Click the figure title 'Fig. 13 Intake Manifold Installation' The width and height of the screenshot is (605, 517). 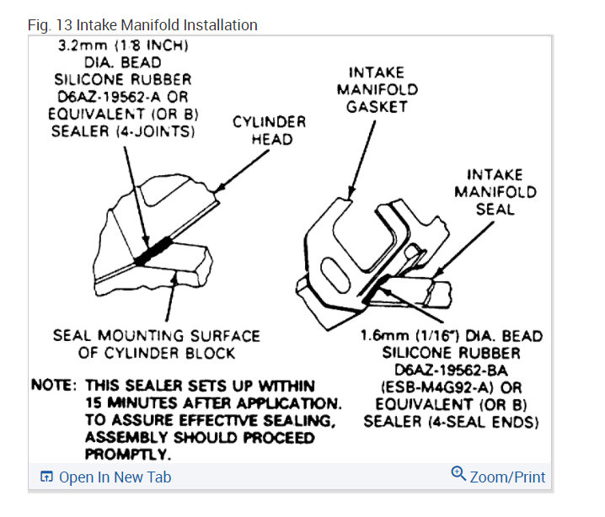pos(142,24)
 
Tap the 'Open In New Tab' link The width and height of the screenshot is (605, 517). pos(115,477)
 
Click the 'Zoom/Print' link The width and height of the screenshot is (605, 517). pos(507,477)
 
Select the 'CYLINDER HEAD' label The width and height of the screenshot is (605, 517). pos(270,130)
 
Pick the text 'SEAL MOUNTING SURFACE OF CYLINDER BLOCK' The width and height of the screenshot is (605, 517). pos(156,344)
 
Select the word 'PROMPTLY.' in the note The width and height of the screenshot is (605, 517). pos(128,455)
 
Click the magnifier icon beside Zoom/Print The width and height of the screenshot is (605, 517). pos(458,474)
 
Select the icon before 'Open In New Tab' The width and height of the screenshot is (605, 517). pos(46,477)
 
